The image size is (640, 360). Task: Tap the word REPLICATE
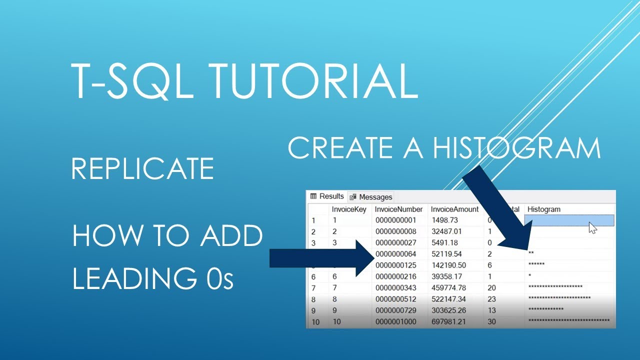click(x=142, y=168)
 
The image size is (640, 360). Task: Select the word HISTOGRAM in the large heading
click(x=516, y=148)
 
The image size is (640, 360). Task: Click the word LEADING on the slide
click(x=128, y=278)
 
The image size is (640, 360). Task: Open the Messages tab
click(x=371, y=197)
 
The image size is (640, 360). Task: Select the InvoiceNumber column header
click(x=399, y=209)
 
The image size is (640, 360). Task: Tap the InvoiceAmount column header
click(x=454, y=209)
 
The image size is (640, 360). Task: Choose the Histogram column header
click(x=544, y=209)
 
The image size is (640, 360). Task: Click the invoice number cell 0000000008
click(x=395, y=231)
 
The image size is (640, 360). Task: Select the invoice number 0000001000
click(x=395, y=321)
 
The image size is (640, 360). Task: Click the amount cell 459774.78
click(x=448, y=287)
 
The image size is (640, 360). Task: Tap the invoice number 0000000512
click(x=395, y=299)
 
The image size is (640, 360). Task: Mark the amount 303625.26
click(x=448, y=310)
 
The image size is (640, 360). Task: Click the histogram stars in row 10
click(x=568, y=321)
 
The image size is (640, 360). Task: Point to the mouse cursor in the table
click(x=592, y=228)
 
